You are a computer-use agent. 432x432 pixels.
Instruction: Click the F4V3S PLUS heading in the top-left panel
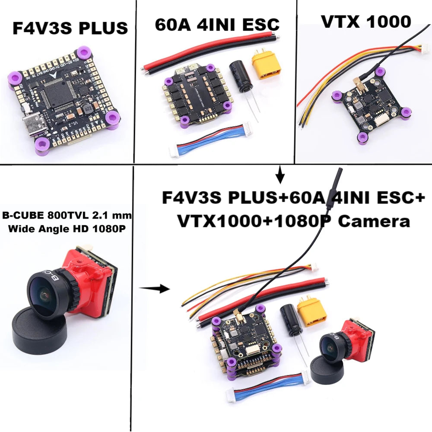(x=70, y=29)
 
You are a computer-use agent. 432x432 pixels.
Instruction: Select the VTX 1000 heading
(x=365, y=21)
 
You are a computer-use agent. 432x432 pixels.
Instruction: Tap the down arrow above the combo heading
(x=281, y=175)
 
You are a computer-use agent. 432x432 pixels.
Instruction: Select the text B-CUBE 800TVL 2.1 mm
(x=67, y=215)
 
